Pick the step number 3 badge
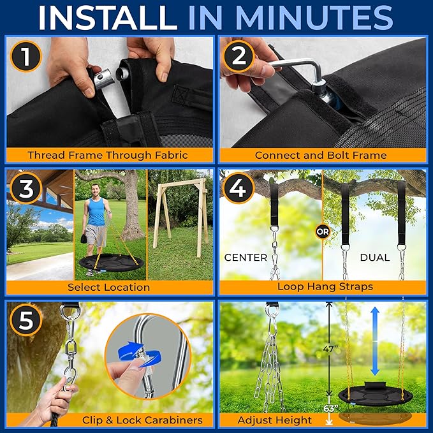coord(26,189)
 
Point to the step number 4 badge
coord(239,189)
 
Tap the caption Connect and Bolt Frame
coord(321,155)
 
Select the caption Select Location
coord(108,287)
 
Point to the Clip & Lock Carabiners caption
coord(142,420)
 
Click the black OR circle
coord(323,232)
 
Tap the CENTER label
coord(246,258)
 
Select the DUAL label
coord(375,258)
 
